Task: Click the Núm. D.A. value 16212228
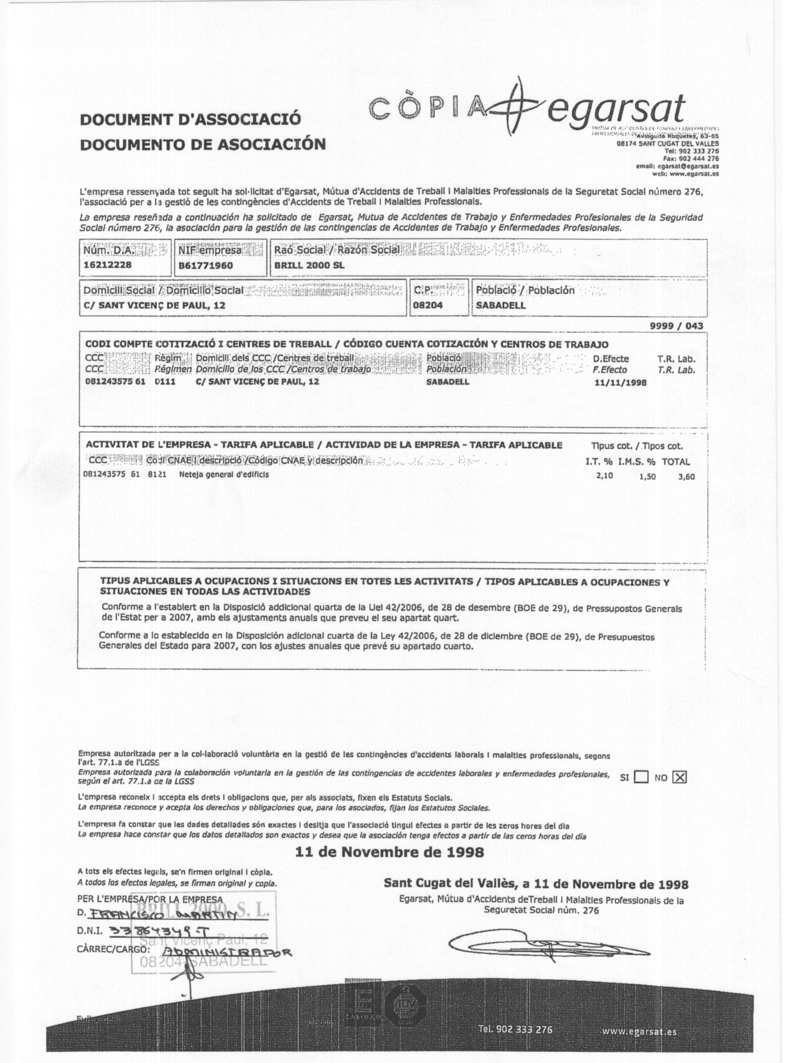tap(108, 265)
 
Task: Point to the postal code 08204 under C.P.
tap(428, 305)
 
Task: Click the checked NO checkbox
tap(680, 778)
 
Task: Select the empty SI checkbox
tap(641, 778)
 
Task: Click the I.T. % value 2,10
tap(604, 475)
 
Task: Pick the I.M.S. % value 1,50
tap(647, 476)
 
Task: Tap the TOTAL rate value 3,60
tap(686, 476)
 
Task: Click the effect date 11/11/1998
tap(621, 382)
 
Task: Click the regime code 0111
tap(163, 382)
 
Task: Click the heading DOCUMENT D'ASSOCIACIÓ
tap(191, 119)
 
